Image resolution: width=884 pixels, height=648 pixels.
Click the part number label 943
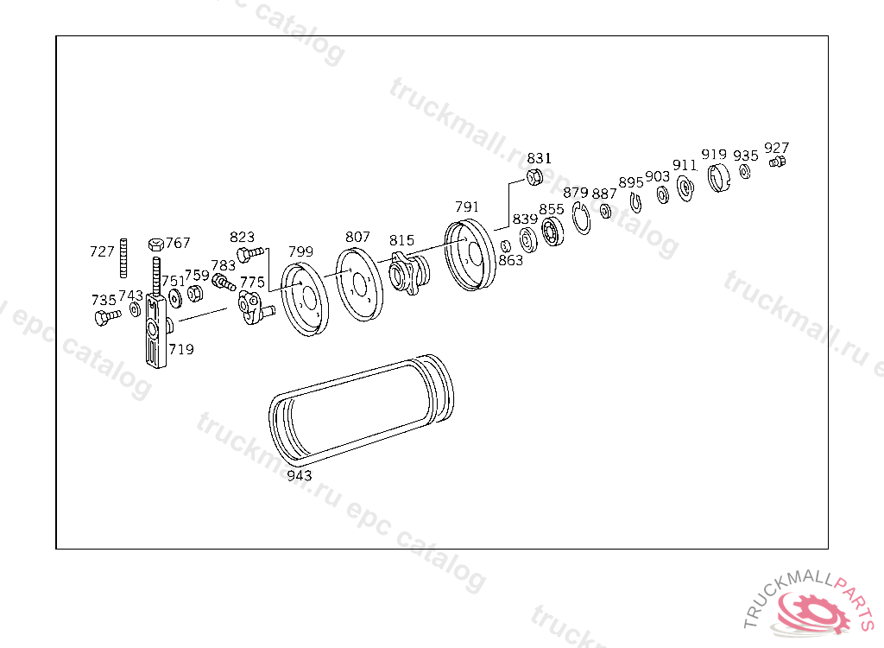click(300, 475)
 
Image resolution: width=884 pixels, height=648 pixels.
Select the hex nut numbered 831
click(534, 177)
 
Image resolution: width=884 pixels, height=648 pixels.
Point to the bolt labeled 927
click(778, 162)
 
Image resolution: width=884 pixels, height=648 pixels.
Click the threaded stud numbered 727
click(123, 258)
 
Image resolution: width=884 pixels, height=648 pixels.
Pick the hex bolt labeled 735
click(107, 317)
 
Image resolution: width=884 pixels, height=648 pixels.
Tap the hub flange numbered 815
click(409, 273)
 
